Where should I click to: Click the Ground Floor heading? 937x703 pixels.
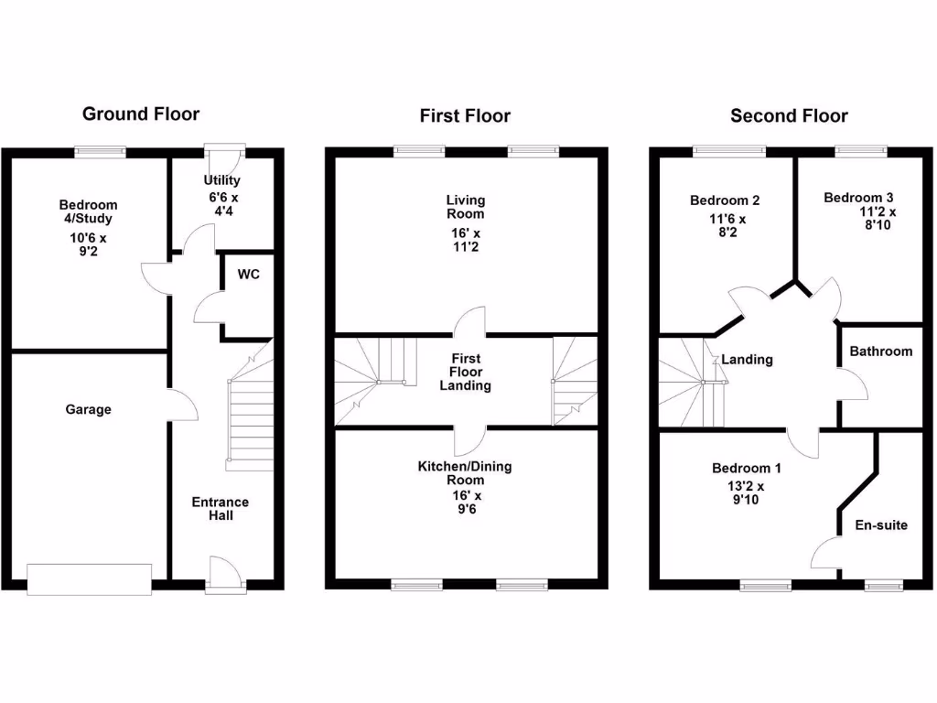point(141,114)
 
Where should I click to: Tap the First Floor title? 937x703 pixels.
point(465,115)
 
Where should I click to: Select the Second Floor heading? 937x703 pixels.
point(789,115)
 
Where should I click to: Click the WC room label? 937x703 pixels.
point(249,275)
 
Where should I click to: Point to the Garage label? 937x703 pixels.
point(88,409)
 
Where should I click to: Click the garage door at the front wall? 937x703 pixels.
point(90,579)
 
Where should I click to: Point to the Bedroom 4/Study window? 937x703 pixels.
point(100,152)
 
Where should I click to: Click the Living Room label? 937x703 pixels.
point(466,207)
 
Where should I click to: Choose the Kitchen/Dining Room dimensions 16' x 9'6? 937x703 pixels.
point(466,503)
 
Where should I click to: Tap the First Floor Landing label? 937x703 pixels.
point(466,372)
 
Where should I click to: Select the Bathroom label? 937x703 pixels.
point(880,351)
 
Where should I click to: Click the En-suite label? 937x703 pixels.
point(881,525)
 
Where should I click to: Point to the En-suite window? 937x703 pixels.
point(881,584)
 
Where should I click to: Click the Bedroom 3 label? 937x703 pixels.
point(858,198)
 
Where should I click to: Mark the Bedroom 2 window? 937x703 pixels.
point(728,152)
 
